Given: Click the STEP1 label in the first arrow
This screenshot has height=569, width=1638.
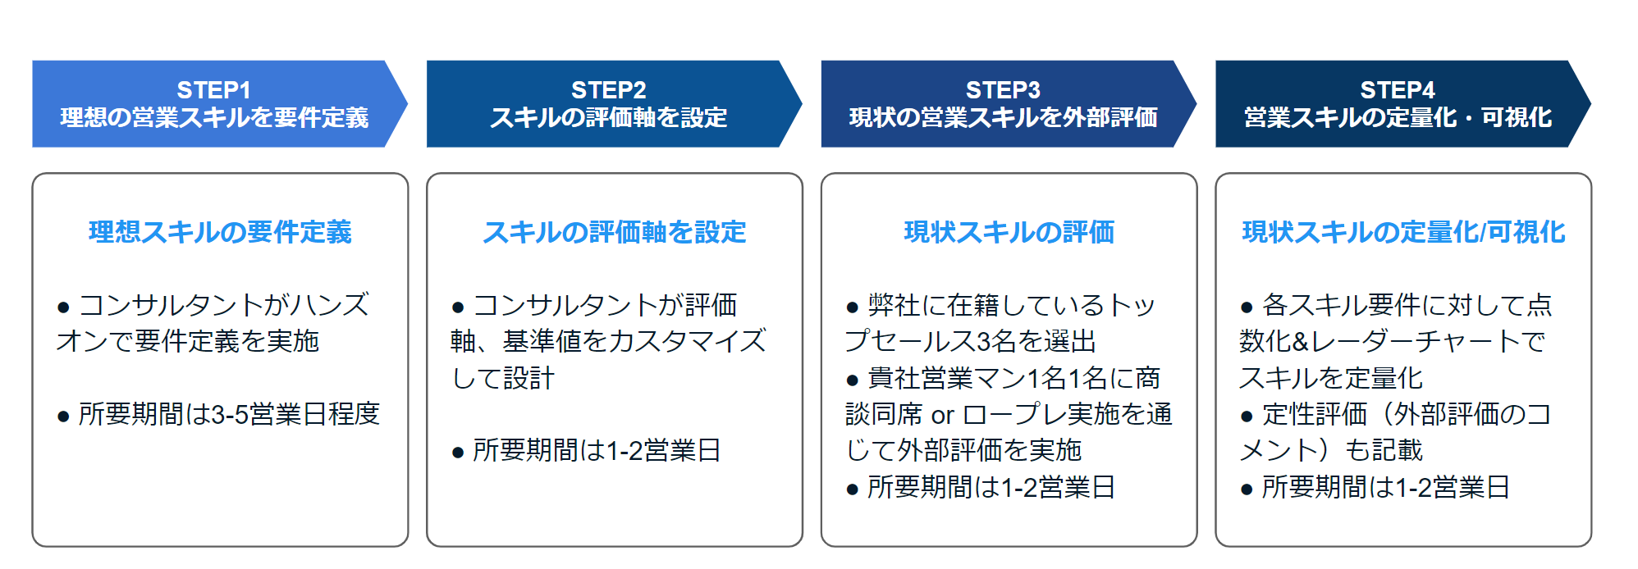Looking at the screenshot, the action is click(x=213, y=89).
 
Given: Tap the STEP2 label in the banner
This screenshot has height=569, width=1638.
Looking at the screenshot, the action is click(x=608, y=89).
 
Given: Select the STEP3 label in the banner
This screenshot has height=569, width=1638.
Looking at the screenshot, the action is click(x=1003, y=89).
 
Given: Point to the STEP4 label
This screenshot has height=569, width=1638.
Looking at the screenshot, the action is click(x=1398, y=89).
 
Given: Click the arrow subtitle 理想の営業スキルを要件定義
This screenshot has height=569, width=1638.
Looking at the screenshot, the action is click(x=214, y=118).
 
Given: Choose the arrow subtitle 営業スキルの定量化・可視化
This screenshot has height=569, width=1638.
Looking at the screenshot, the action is click(x=1398, y=118).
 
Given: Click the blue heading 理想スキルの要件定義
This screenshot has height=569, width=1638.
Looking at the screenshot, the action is click(x=220, y=232).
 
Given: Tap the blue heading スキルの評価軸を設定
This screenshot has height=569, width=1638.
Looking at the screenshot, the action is click(x=615, y=232).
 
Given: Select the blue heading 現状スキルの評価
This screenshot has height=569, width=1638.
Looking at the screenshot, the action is click(x=1009, y=232).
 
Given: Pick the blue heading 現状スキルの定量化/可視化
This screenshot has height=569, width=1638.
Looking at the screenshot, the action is click(x=1403, y=232).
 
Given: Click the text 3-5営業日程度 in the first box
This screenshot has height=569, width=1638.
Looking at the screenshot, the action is click(x=295, y=414).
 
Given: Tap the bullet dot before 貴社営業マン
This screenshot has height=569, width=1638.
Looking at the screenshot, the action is click(x=853, y=380).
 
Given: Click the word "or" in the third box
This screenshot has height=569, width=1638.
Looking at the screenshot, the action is click(x=942, y=415).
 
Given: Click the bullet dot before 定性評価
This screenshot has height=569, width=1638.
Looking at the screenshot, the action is click(x=1247, y=417).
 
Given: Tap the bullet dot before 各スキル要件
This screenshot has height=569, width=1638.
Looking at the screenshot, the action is click(x=1247, y=307).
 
